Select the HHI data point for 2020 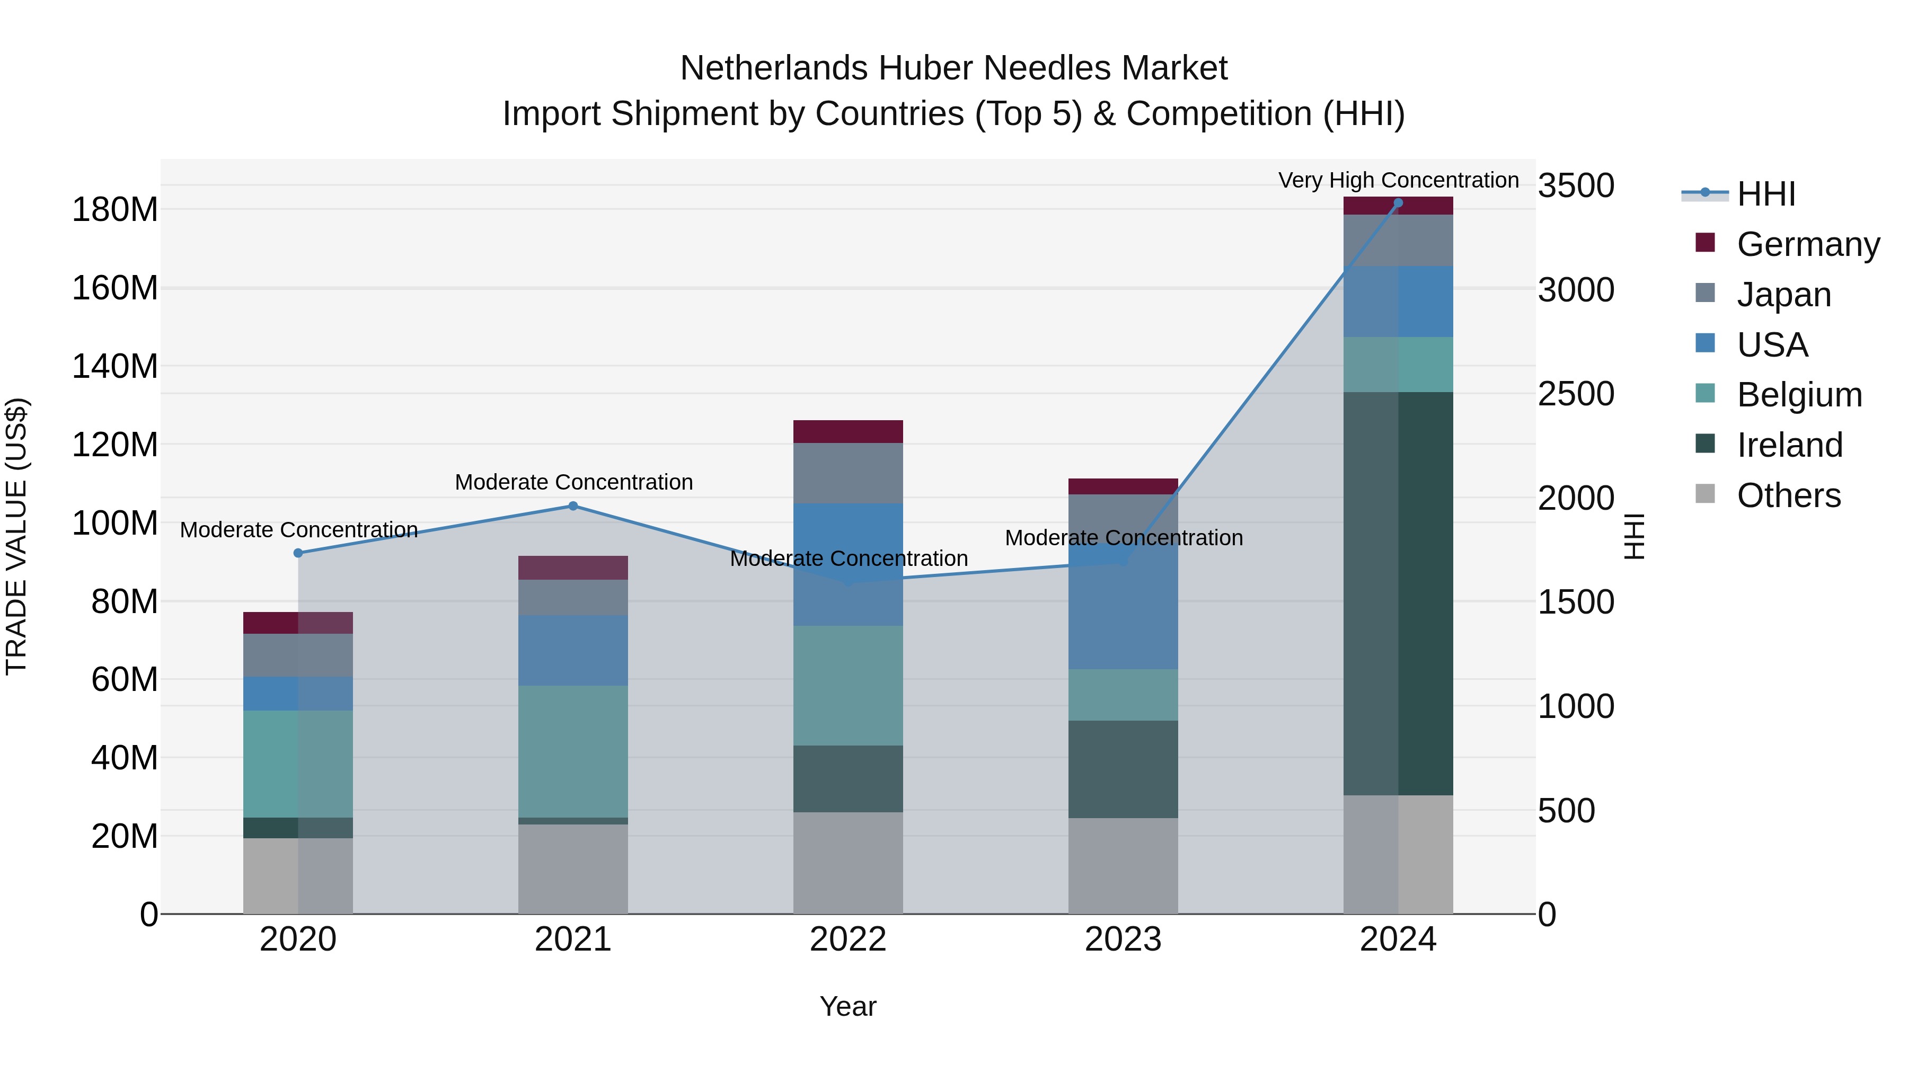pyautogui.click(x=298, y=553)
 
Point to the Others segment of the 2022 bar pyautogui.click(x=848, y=863)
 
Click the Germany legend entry pyautogui.click(x=1807, y=244)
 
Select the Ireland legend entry pyautogui.click(x=1789, y=445)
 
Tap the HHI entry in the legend pyautogui.click(x=1766, y=194)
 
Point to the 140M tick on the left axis pyautogui.click(x=115, y=367)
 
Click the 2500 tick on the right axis pyautogui.click(x=1576, y=394)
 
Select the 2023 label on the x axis pyautogui.click(x=1123, y=939)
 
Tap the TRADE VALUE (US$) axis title pyautogui.click(x=16, y=536)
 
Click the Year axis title pyautogui.click(x=847, y=1006)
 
